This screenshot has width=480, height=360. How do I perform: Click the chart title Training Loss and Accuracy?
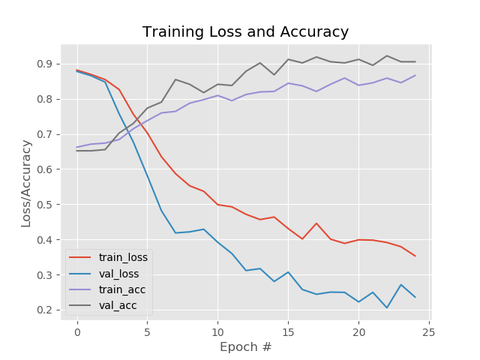coord(245,32)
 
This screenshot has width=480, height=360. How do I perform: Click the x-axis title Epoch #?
coord(245,347)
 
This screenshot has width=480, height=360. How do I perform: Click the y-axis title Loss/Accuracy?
coord(26,183)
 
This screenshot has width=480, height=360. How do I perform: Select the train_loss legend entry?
coord(109,257)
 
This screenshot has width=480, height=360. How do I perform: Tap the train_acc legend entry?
coord(109,289)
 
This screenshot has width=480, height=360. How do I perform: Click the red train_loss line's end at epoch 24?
coord(415,256)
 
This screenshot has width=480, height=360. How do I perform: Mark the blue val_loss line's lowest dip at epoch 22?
coord(387,307)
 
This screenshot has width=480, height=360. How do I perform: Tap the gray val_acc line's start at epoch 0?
coord(76,151)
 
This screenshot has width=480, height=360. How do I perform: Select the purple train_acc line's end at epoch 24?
coord(415,75)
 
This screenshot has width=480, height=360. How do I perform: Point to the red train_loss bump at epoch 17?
coord(316,223)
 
